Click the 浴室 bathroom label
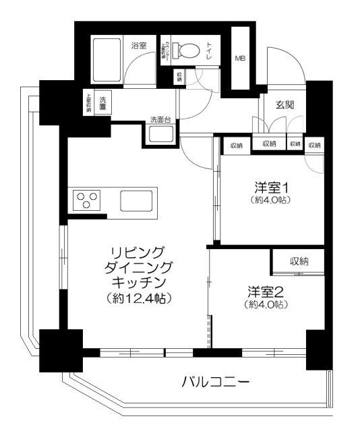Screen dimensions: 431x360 point(139,46)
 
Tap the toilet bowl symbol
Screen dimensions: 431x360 point(182,51)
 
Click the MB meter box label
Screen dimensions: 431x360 point(240,59)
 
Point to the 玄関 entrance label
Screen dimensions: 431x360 point(284,105)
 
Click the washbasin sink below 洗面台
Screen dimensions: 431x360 point(160,133)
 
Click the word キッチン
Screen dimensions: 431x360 point(138,281)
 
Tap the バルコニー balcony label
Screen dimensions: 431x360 point(216,383)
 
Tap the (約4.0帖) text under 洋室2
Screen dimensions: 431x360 point(262,305)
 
